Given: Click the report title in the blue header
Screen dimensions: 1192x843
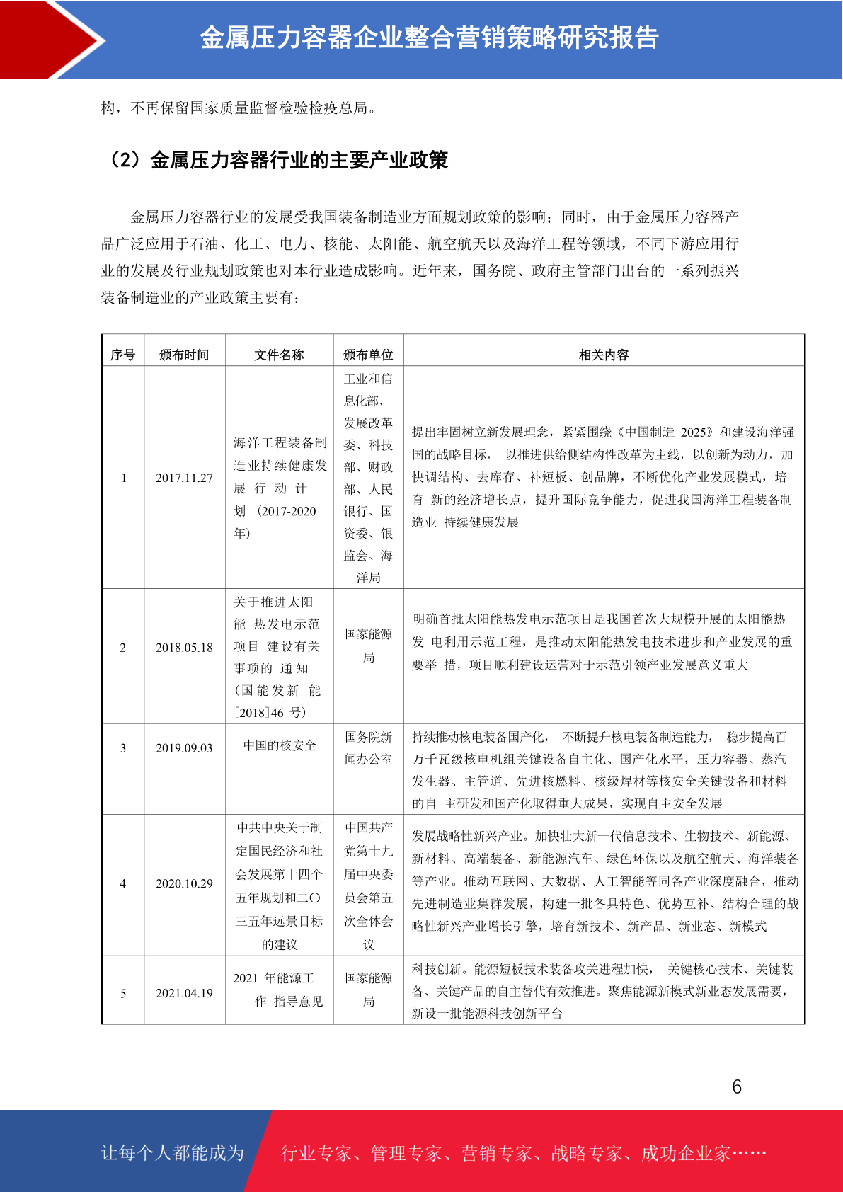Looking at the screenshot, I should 429,38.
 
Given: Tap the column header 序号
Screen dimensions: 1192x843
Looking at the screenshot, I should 123,355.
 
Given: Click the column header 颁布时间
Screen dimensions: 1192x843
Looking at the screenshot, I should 184,355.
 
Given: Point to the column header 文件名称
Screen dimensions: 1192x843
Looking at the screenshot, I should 279,355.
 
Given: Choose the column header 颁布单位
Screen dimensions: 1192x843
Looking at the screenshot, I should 368,355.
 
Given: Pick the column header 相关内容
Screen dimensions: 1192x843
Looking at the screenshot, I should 604,355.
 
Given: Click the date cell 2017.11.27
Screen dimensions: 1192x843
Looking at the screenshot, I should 184,478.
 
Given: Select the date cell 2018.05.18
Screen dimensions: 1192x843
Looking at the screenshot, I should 184,648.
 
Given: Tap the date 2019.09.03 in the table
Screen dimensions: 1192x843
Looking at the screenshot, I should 184,748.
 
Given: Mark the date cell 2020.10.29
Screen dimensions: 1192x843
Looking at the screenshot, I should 184,883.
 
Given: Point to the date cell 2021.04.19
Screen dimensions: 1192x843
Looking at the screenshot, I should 184,993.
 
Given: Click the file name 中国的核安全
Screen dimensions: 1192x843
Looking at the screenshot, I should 280,745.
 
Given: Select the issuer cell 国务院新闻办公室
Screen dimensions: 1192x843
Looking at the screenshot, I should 368,748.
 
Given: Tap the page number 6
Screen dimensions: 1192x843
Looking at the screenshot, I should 737,1087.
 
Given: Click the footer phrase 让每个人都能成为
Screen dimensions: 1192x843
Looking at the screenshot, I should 173,1153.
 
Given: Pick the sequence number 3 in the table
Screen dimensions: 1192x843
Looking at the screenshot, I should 123,748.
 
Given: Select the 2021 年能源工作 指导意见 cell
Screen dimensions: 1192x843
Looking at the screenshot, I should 279,990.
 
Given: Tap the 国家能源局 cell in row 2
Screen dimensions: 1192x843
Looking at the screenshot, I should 368,646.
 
